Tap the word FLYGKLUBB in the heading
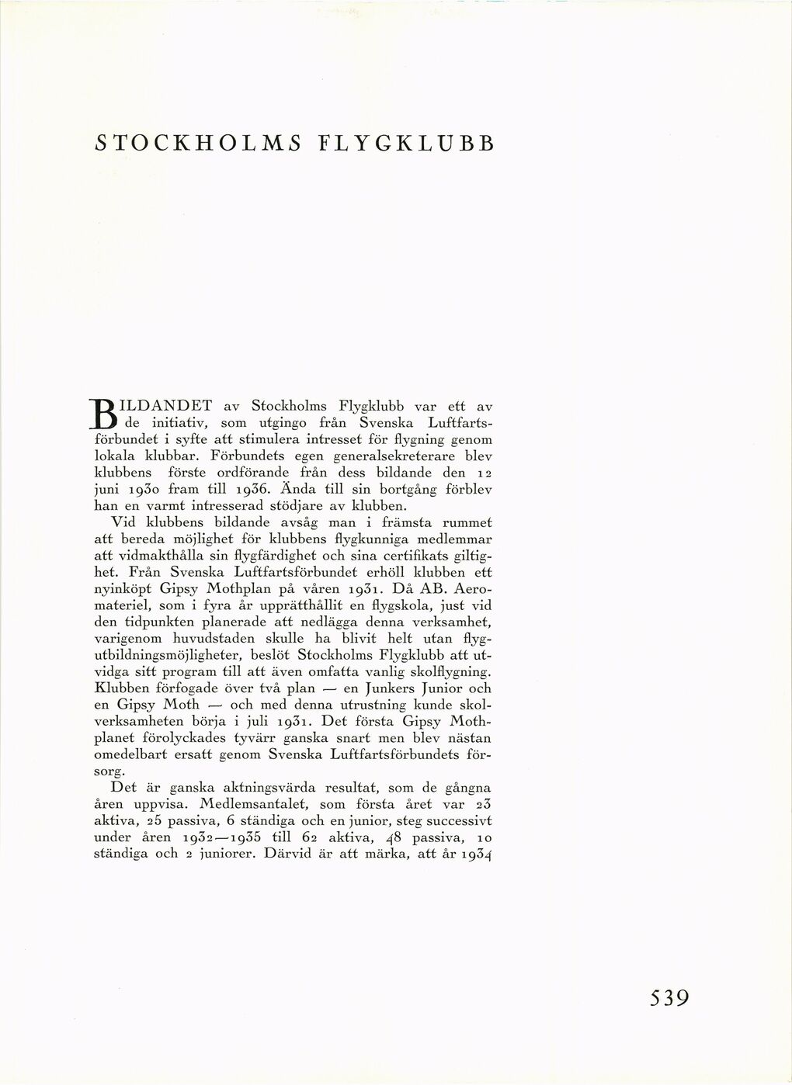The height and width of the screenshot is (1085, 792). click(x=406, y=144)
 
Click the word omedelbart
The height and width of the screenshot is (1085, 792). click(x=132, y=755)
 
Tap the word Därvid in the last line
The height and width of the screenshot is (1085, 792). click(x=289, y=855)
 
